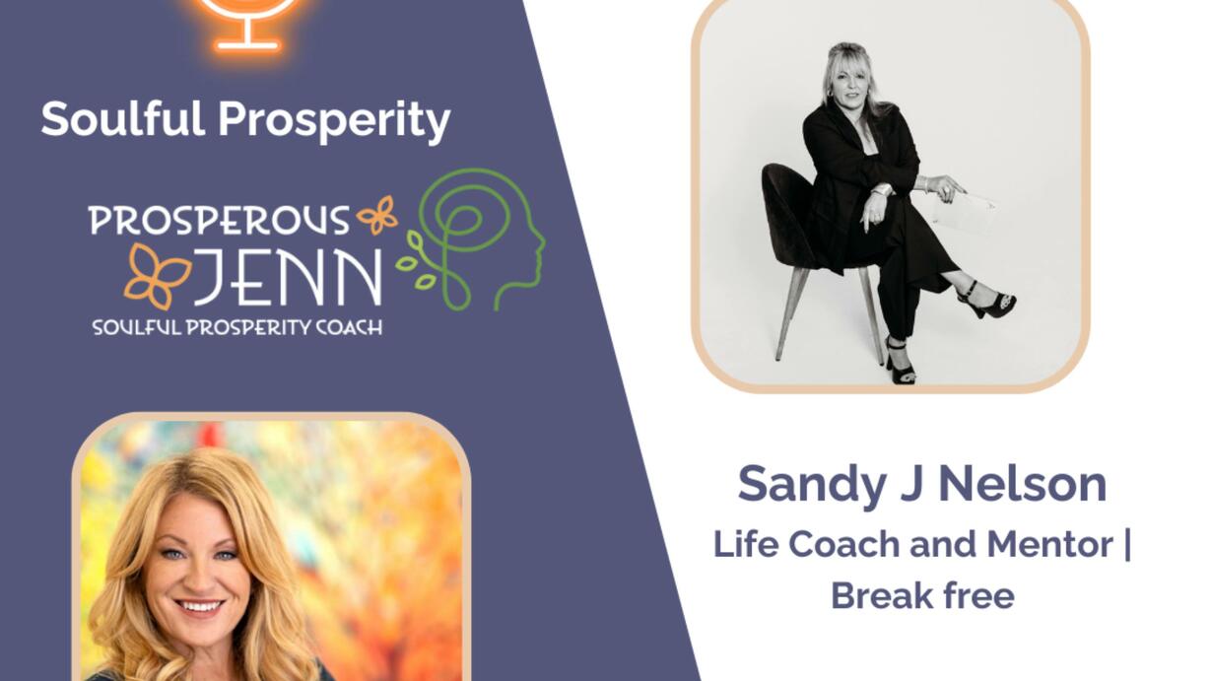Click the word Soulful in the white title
tap(123, 118)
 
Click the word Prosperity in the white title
tap(334, 122)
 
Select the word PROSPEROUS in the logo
tap(219, 220)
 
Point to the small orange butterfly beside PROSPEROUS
tap(377, 215)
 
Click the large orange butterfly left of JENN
tap(157, 276)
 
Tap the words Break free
tap(922, 595)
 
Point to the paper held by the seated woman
tap(965, 210)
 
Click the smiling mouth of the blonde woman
tap(200, 606)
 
